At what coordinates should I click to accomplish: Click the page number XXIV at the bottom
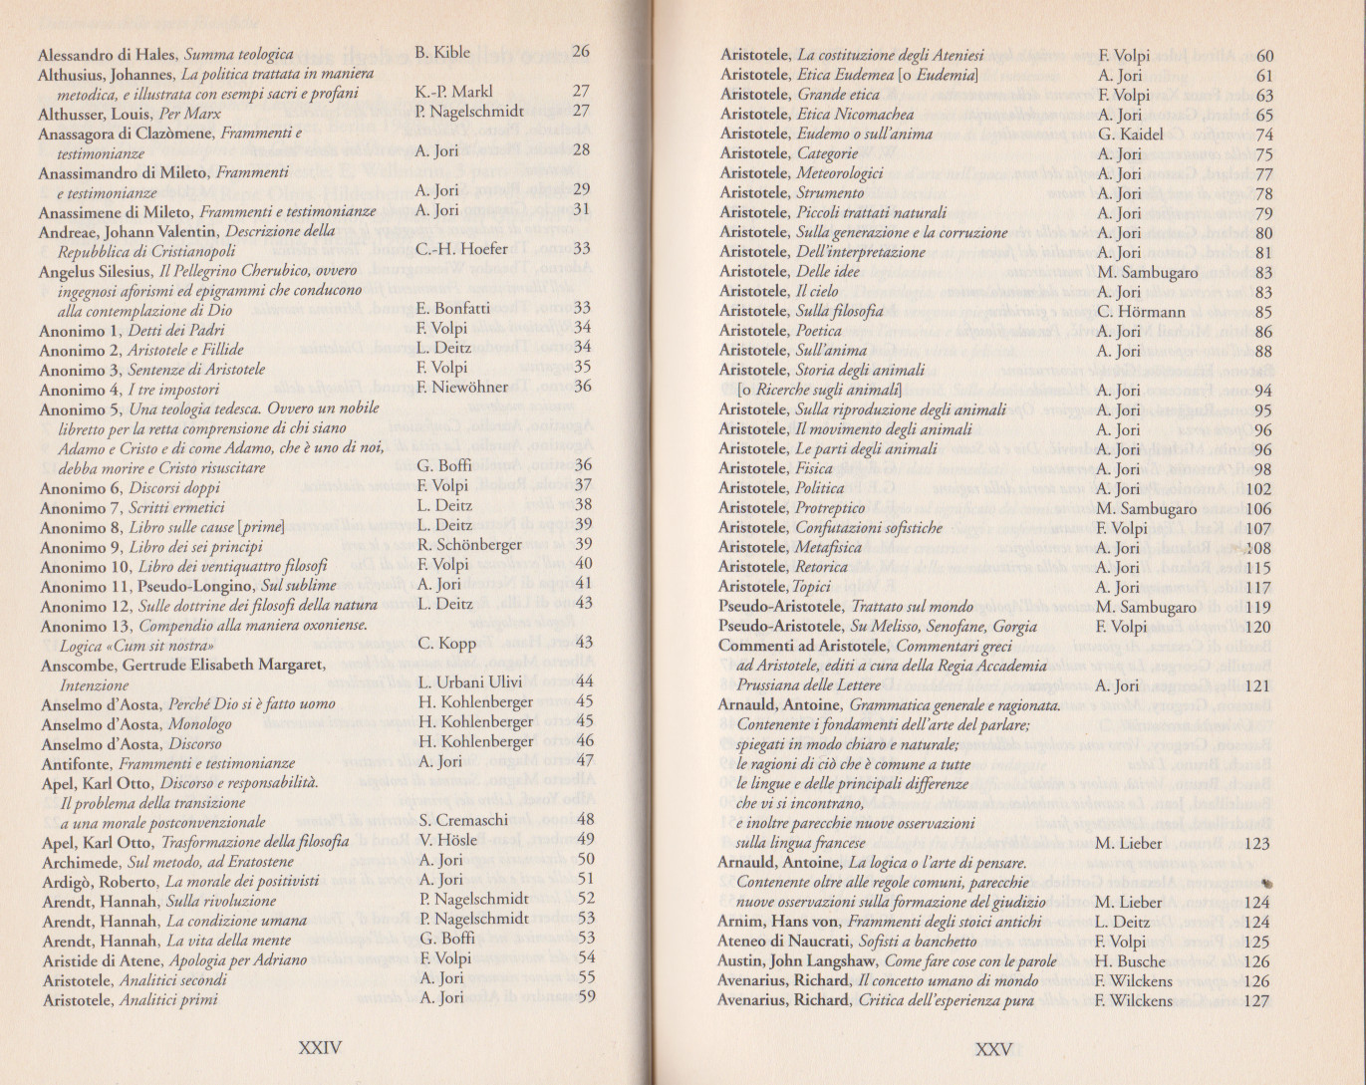(x=320, y=1047)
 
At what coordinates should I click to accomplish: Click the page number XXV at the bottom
(x=993, y=1049)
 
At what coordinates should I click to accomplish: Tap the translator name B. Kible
(x=442, y=53)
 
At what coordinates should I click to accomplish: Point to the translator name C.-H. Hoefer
(x=461, y=249)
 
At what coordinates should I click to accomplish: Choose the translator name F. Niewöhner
(x=462, y=388)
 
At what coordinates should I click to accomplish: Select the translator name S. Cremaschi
(x=463, y=821)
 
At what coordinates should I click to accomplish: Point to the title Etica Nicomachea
(x=855, y=115)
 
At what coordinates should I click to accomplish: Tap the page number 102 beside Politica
(x=1258, y=489)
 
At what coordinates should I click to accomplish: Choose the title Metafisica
(x=828, y=548)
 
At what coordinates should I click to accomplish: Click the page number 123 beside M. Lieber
(x=1257, y=844)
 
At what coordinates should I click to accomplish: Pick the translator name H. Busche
(x=1129, y=961)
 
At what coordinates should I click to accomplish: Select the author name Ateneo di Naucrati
(x=777, y=942)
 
